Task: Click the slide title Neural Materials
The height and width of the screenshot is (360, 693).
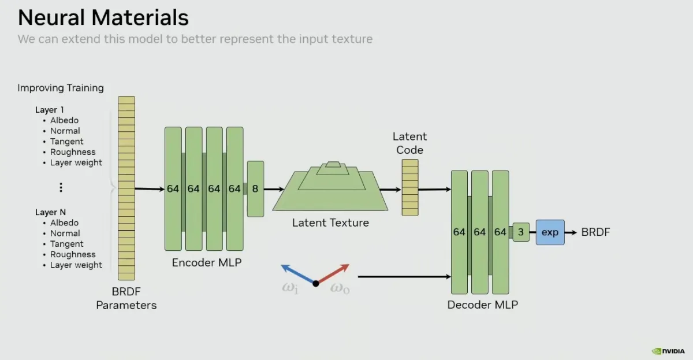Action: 103,18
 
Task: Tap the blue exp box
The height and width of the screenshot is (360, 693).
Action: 550,232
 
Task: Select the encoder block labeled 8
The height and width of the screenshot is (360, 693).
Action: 255,189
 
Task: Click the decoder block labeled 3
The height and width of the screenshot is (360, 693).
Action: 521,232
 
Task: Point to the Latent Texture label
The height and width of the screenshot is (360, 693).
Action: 330,222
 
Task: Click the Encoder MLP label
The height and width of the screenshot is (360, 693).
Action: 207,263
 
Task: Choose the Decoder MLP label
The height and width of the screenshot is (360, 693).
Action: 483,305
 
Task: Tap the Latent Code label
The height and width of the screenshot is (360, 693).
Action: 409,143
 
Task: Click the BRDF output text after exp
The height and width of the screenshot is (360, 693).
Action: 595,232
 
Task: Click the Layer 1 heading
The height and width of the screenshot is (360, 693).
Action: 50,110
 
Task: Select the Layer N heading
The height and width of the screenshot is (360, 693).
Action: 50,212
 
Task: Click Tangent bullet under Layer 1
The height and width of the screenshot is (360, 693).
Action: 66,142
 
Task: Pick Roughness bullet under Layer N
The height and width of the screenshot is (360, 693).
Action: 73,254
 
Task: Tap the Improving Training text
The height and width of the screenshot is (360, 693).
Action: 61,88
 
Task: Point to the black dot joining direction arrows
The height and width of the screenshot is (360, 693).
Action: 316,283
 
